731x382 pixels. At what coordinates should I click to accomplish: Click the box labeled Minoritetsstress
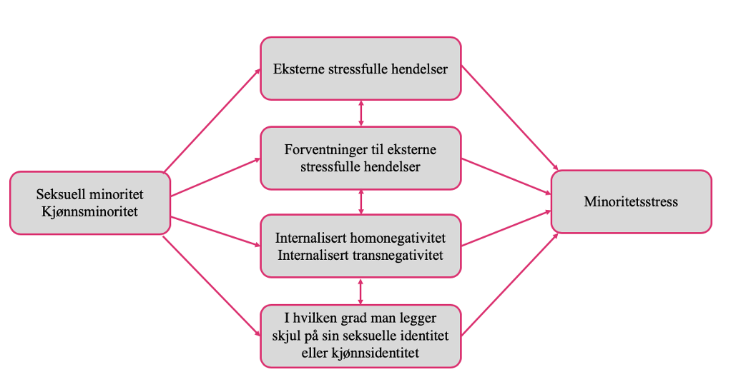[631, 201]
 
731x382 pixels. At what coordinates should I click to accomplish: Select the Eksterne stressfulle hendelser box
[360, 69]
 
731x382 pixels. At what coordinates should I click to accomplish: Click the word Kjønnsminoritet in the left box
[89, 211]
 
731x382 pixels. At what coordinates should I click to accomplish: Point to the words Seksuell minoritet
[89, 194]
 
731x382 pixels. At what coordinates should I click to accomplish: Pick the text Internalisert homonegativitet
[360, 238]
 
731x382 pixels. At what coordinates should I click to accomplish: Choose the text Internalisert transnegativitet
[360, 255]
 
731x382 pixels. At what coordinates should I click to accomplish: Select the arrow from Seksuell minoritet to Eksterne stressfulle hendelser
[212, 120]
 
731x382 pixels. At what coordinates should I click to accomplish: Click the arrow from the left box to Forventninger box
[215, 177]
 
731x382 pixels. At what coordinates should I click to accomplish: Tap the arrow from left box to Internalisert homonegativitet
[215, 231]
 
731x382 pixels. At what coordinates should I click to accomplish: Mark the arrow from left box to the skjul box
[211, 286]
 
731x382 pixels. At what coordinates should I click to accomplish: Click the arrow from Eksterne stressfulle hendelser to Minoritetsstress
[509, 118]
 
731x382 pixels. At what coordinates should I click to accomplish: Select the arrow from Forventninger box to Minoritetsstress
[506, 176]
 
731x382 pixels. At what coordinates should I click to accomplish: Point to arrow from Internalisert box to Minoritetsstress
[506, 228]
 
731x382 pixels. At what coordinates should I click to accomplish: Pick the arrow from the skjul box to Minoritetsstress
[509, 284]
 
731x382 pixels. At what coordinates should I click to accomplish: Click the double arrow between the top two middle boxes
[360, 113]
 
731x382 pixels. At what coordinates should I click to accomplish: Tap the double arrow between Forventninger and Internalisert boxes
[360, 201]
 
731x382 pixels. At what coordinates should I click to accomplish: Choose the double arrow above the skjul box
[360, 291]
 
